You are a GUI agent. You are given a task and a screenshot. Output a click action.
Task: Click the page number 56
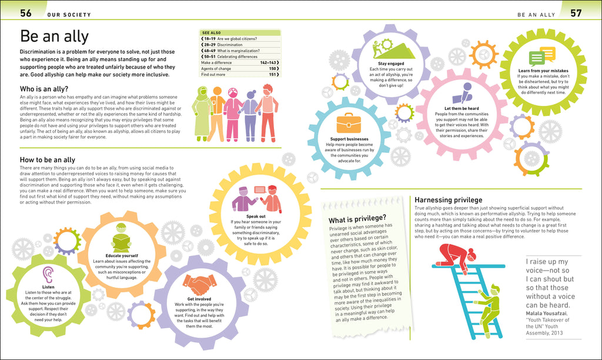coord(26,13)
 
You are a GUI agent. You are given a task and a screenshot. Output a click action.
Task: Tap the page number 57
coord(576,13)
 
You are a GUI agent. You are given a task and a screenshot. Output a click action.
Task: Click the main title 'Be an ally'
coord(54,36)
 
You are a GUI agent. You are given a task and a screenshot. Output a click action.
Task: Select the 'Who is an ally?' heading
coord(44,89)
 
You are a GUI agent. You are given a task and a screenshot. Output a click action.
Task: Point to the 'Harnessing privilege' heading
coord(449,200)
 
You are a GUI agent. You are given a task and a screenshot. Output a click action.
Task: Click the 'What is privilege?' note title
coord(357,219)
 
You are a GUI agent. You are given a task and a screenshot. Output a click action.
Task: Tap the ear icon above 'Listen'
coord(48,275)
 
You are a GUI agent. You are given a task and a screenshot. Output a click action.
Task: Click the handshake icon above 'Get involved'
coord(199,285)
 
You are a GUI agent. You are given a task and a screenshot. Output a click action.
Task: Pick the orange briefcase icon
coord(349,123)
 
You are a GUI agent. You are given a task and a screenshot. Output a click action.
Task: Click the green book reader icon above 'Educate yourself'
coord(121,238)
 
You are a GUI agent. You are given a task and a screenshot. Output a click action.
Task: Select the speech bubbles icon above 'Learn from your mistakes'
coord(542,56)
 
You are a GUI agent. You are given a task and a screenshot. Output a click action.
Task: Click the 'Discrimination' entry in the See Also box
coord(230,45)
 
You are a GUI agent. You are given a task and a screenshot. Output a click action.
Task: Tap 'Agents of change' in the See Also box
coord(216,68)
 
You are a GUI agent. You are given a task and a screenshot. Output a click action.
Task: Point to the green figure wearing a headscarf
coord(203,114)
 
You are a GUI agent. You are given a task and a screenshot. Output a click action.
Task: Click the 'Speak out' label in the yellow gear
coord(256,216)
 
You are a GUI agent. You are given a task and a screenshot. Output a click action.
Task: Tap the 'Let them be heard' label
coord(461,108)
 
